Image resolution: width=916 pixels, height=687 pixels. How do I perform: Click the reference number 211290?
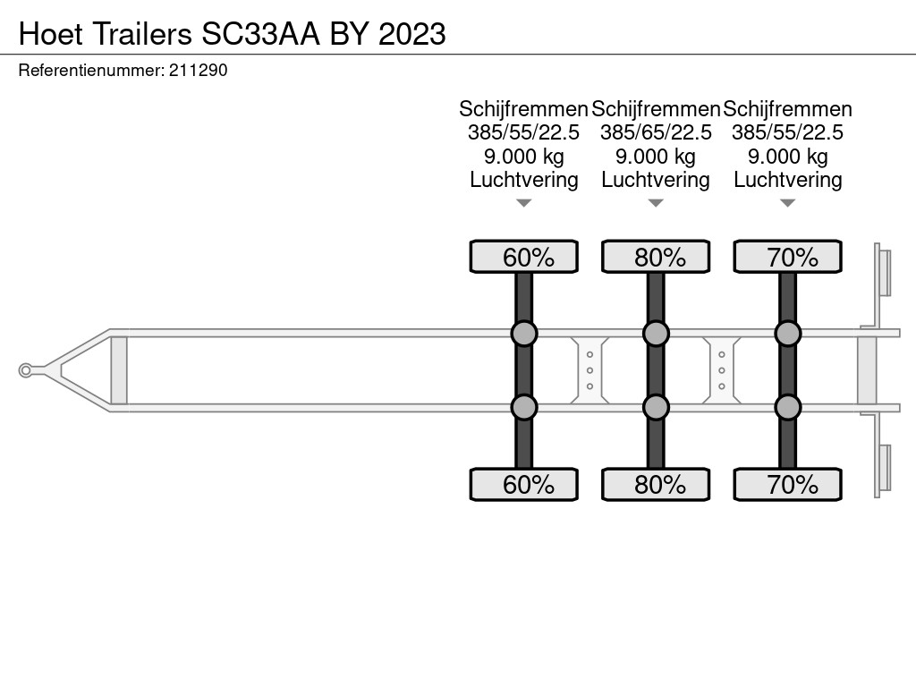click(x=198, y=71)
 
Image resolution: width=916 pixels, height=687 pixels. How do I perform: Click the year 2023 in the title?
click(x=411, y=34)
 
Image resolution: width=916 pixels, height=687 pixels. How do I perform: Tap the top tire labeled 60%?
click(x=524, y=257)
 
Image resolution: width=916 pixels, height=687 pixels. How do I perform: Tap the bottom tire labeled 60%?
click(x=524, y=484)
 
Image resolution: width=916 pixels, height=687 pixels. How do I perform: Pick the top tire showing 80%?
click(x=656, y=257)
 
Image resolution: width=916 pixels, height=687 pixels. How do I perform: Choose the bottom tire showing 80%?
click(x=656, y=484)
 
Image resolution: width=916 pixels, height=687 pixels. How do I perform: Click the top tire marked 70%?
click(x=788, y=257)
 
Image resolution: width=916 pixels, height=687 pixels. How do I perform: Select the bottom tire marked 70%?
click(x=788, y=484)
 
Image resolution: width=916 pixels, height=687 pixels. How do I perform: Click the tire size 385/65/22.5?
click(x=656, y=132)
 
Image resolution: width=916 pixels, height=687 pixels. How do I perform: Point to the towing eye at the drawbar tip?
click(x=25, y=370)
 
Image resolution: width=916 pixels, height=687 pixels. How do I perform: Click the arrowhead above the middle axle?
click(x=656, y=203)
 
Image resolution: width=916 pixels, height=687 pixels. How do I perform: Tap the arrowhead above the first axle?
click(x=524, y=203)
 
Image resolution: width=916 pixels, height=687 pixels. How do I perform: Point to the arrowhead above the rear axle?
click(x=788, y=203)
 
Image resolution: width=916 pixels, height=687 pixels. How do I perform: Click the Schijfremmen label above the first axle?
click(x=523, y=109)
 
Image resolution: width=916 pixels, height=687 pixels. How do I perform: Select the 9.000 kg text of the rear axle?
click(x=788, y=157)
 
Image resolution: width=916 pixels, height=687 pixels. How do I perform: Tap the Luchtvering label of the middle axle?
click(x=656, y=180)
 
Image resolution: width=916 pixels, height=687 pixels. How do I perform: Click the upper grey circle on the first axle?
click(x=524, y=334)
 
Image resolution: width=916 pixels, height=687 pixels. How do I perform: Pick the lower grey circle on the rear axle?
click(x=788, y=407)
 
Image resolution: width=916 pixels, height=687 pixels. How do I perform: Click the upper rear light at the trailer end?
click(x=883, y=273)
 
